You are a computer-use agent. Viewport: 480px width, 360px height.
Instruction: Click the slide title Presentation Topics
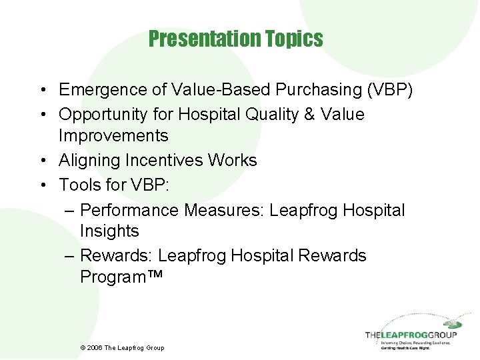pos(236,39)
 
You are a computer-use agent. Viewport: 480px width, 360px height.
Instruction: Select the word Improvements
pos(113,135)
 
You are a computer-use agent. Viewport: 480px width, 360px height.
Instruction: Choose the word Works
pos(231,161)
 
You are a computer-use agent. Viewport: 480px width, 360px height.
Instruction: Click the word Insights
pos(109,231)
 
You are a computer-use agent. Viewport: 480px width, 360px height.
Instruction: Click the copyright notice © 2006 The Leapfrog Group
pos(122,347)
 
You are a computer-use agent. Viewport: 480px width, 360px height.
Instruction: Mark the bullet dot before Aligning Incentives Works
pos(42,161)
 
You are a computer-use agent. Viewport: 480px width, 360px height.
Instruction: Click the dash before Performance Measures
pos(71,211)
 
